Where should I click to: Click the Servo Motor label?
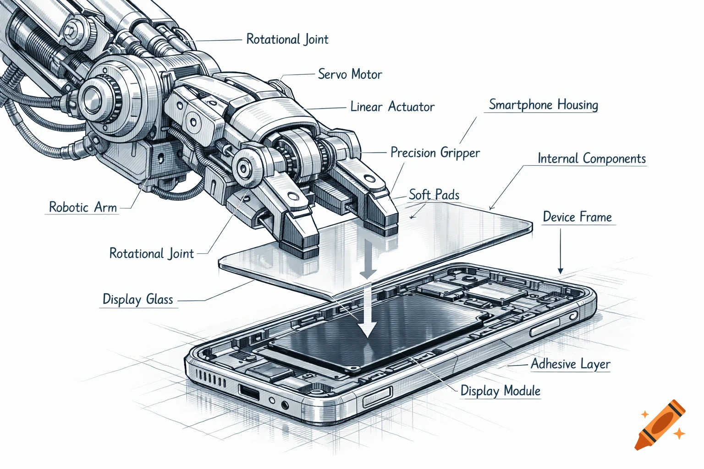[350, 74]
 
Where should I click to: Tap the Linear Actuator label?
[392, 107]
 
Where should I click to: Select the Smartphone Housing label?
[543, 105]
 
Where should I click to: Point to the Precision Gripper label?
[435, 153]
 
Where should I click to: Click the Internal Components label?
[591, 158]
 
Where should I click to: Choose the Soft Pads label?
[434, 195]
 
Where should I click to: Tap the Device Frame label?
[577, 217]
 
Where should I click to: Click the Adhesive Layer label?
[570, 364]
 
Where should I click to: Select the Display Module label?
[500, 391]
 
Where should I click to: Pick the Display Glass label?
[137, 300]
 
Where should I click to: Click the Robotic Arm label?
[83, 207]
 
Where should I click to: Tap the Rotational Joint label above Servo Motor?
[287, 39]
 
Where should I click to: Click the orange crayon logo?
[660, 425]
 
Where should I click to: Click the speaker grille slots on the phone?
[210, 379]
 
